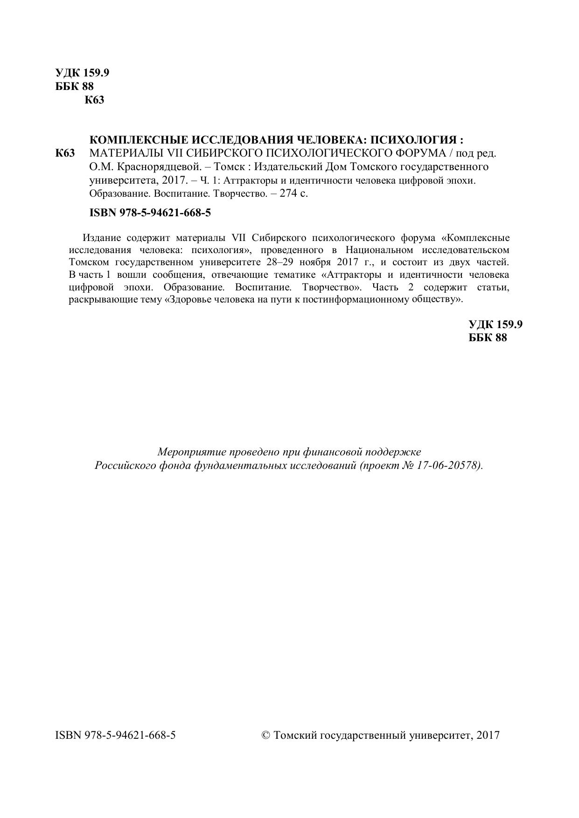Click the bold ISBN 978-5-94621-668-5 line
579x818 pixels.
point(150,213)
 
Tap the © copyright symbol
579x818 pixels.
point(266,736)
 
